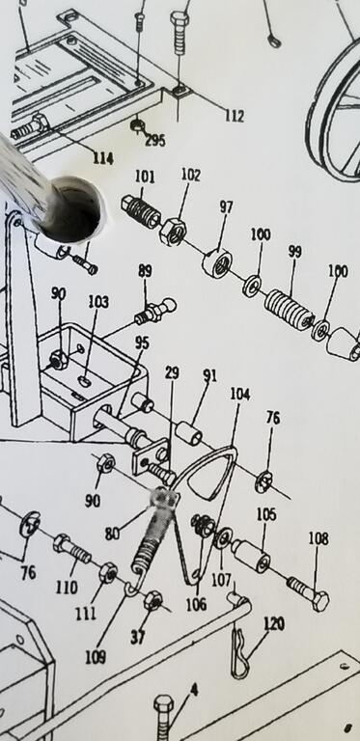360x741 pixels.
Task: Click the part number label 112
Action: point(235,116)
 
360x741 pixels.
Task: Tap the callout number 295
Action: point(155,140)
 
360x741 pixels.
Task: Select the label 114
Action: point(102,158)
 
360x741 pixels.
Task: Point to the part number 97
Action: point(226,207)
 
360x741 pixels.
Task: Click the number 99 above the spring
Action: point(294,252)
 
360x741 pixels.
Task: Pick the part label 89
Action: point(145,271)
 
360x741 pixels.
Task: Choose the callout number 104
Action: point(240,394)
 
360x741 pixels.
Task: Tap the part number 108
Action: point(318,538)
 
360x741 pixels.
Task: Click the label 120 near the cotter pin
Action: point(274,624)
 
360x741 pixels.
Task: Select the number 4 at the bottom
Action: point(194,690)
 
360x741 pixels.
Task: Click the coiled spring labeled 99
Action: point(289,311)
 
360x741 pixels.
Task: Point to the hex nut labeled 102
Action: point(173,232)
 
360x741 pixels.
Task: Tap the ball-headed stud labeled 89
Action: point(155,311)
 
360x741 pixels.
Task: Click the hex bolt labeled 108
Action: point(308,593)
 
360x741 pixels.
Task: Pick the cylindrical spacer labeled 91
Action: point(189,432)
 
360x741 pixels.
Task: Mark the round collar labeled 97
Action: point(217,263)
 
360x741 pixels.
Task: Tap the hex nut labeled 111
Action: point(108,573)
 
